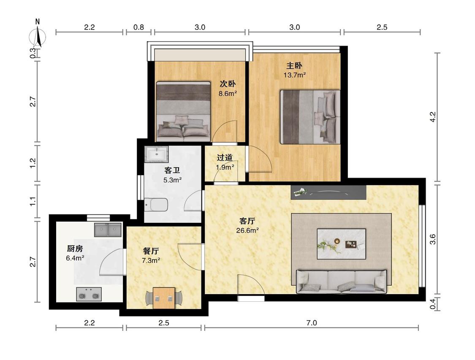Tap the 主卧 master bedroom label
click(294, 66)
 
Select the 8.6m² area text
click(228, 93)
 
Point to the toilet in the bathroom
click(156, 205)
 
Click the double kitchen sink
click(108, 230)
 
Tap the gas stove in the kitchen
click(89, 294)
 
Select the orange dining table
click(164, 298)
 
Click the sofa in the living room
click(342, 282)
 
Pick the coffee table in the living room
click(342, 244)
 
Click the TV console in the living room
click(328, 192)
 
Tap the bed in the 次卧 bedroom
click(183, 111)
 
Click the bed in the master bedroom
click(309, 117)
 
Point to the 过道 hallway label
click(225, 157)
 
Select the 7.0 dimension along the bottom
click(312, 323)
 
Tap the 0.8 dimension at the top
click(138, 27)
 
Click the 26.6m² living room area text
click(247, 230)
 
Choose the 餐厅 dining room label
click(151, 251)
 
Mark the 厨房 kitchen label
click(75, 249)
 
